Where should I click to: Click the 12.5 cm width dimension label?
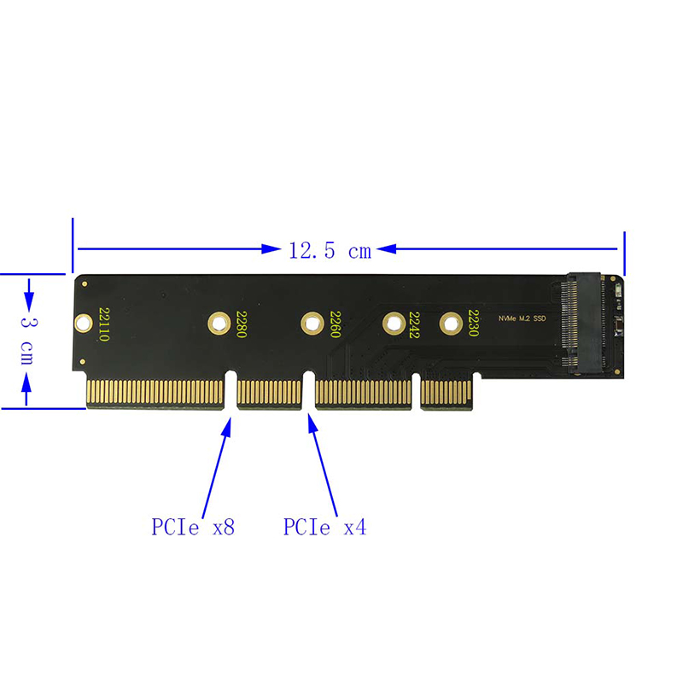pyautogui.click(x=330, y=250)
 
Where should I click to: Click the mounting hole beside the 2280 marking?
pyautogui.click(x=219, y=323)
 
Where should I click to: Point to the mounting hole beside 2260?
pyautogui.click(x=312, y=323)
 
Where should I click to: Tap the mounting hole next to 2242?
pyautogui.click(x=393, y=323)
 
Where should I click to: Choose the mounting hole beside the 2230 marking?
pyautogui.click(x=449, y=323)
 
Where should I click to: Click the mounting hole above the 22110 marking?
pyautogui.click(x=83, y=323)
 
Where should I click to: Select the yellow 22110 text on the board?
pyautogui.click(x=104, y=324)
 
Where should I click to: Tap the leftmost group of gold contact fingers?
pyautogui.click(x=155, y=394)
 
